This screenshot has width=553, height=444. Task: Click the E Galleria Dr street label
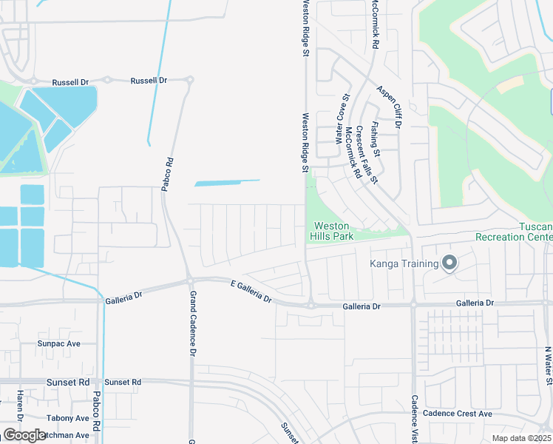pyautogui.click(x=251, y=292)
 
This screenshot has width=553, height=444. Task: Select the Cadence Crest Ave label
pyautogui.click(x=462, y=414)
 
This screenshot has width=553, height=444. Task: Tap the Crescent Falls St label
pyautogui.click(x=366, y=155)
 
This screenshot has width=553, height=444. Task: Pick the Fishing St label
pyautogui.click(x=376, y=139)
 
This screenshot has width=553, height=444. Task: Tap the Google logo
pyautogui.click(x=24, y=435)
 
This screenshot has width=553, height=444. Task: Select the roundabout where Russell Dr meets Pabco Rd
pyautogui.click(x=189, y=80)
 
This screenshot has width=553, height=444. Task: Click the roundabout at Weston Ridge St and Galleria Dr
pyautogui.click(x=311, y=305)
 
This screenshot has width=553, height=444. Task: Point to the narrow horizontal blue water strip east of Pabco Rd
pyautogui.click(x=227, y=182)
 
